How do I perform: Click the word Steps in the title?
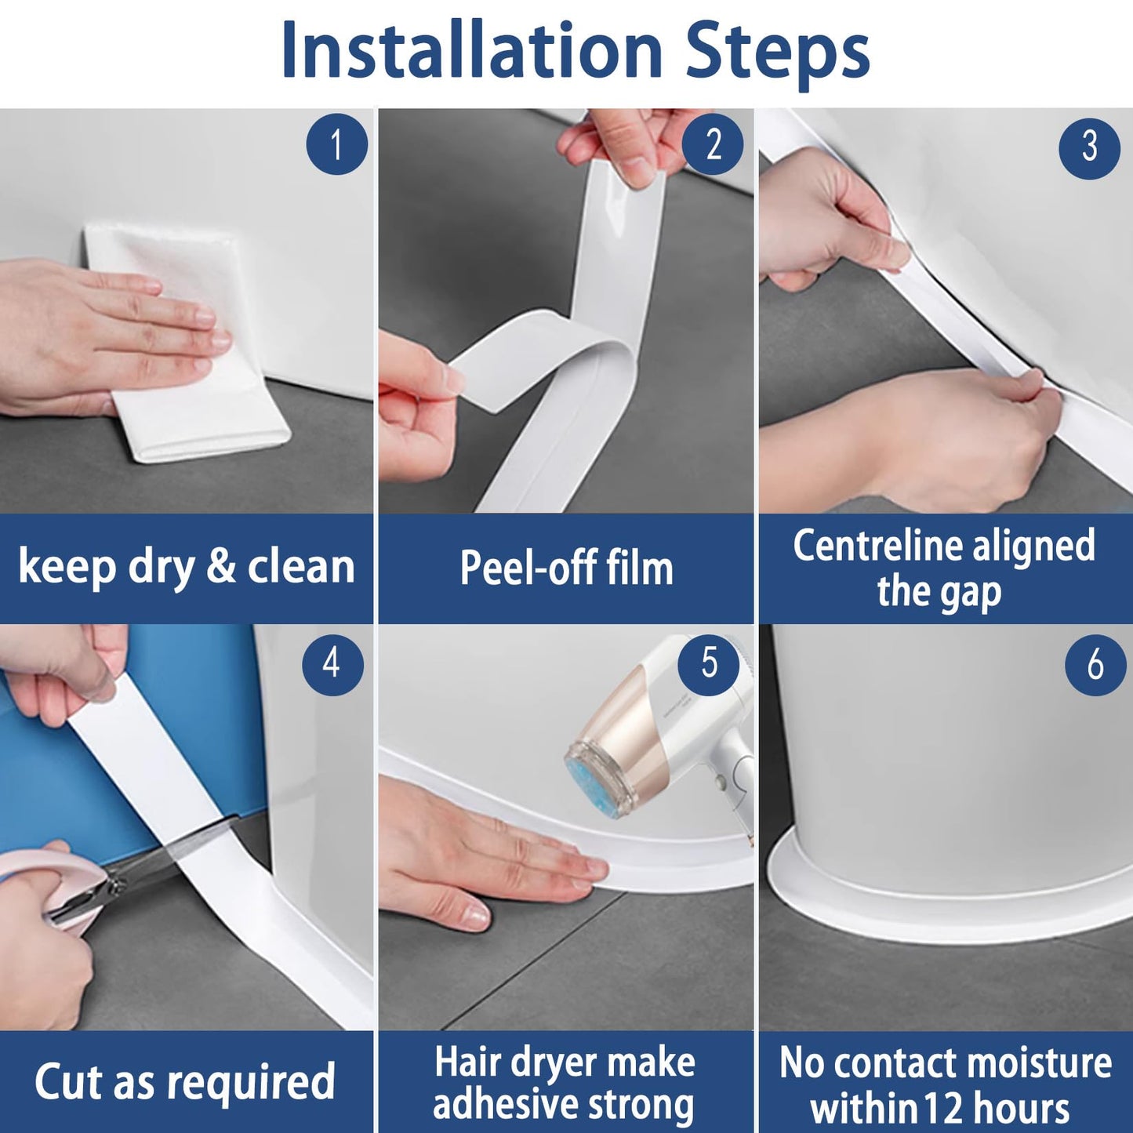pyautogui.click(x=777, y=52)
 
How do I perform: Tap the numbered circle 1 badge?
pyautogui.click(x=336, y=145)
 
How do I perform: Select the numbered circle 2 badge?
pyautogui.click(x=713, y=145)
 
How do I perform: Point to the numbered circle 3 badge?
pyautogui.click(x=1089, y=147)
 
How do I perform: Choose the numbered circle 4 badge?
pyautogui.click(x=332, y=664)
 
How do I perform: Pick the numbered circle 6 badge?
pyautogui.click(x=1095, y=665)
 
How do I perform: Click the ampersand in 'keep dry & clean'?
pyautogui.click(x=221, y=567)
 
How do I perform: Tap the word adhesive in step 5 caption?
pyautogui.click(x=510, y=1106)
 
